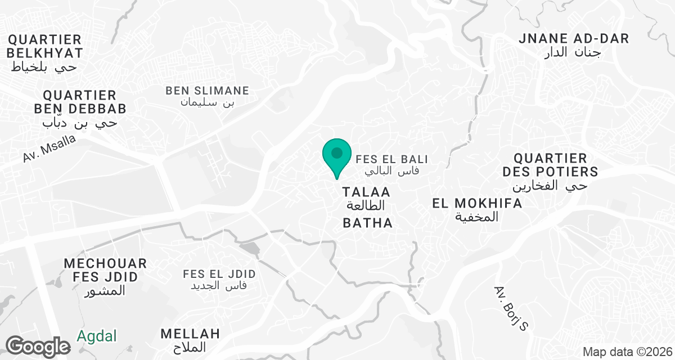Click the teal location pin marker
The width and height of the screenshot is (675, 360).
pyautogui.click(x=336, y=154)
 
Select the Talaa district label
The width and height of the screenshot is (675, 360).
pyautogui.click(x=366, y=192)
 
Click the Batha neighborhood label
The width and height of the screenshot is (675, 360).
pyautogui.click(x=367, y=223)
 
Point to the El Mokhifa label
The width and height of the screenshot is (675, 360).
pyautogui.click(x=477, y=204)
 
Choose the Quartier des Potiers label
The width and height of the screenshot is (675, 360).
pyautogui.click(x=550, y=165)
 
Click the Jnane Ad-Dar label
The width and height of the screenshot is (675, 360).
pyautogui.click(x=573, y=39)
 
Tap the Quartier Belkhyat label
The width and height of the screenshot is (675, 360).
pyautogui.click(x=45, y=47)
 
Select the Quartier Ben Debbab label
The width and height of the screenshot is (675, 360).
pyautogui.click(x=79, y=102)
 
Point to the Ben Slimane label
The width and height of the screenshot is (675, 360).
pyautogui.click(x=207, y=91)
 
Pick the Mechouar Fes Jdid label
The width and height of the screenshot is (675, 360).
pyautogui.click(x=105, y=270)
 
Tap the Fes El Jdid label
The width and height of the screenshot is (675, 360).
pyautogui.click(x=219, y=274)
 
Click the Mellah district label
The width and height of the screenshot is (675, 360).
pyautogui.click(x=190, y=334)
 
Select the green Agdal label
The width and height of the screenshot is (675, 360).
pyautogui.click(x=97, y=336)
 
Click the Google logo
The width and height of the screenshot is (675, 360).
pyautogui.click(x=38, y=345)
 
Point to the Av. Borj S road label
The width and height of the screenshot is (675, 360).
pyautogui.click(x=512, y=308)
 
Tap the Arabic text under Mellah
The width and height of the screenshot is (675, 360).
pyautogui.click(x=190, y=347)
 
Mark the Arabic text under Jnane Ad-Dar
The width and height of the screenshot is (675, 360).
pyautogui.click(x=573, y=53)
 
